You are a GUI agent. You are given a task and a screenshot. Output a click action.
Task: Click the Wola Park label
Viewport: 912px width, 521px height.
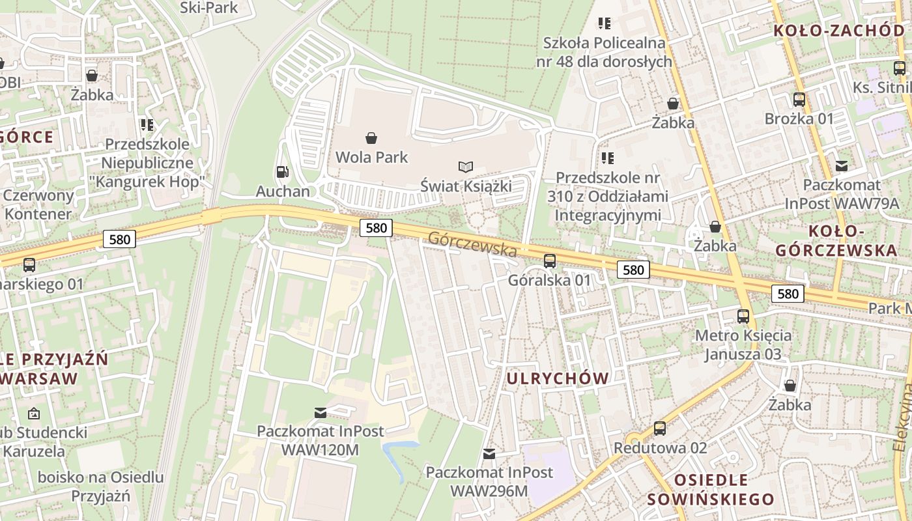[371, 157]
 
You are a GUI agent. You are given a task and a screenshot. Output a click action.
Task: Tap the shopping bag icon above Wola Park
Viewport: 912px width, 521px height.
[371, 137]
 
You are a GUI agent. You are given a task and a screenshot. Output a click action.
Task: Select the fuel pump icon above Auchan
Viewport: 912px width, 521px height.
[283, 172]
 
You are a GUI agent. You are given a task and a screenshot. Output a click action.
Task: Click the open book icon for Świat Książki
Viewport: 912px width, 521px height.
[466, 167]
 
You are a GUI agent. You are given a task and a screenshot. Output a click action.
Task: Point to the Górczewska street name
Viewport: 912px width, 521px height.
[473, 244]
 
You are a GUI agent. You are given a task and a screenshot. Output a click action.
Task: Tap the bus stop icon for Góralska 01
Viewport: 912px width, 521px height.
[550, 261]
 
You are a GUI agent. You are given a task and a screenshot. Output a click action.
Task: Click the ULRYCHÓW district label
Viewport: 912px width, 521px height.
[558, 378]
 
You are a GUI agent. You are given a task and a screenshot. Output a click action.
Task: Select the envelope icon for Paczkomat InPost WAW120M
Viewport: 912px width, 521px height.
[321, 412]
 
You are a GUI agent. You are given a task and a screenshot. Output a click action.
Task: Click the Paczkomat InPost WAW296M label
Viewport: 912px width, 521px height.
[489, 481]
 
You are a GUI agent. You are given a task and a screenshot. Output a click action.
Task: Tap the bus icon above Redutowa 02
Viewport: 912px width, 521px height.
[660, 429]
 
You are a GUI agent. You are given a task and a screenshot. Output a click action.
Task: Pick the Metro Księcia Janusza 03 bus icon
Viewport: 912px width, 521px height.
[743, 317]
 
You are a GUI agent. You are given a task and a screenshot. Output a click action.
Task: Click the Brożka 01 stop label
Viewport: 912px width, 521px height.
[799, 119]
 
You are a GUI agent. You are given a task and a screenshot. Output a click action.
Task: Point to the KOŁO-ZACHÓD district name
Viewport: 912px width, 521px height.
[838, 30]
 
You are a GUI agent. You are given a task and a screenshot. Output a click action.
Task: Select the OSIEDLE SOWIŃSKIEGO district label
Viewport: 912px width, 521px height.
[711, 490]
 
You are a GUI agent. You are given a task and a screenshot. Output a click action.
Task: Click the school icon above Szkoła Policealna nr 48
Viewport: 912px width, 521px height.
[605, 23]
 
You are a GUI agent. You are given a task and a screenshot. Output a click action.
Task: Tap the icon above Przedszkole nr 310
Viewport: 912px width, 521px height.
[608, 158]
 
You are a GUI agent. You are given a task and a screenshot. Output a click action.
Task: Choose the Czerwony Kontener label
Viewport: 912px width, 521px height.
[38, 204]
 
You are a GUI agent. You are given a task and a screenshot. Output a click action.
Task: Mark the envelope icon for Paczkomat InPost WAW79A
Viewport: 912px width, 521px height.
[842, 165]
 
